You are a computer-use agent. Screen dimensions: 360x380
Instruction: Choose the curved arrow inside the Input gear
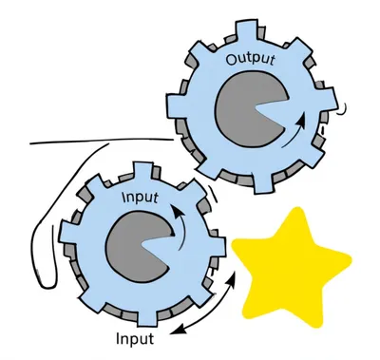click(176, 220)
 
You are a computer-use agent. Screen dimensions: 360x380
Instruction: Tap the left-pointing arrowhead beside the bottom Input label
click(177, 332)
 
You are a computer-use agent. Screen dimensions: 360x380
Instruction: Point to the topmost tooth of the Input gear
click(142, 172)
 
